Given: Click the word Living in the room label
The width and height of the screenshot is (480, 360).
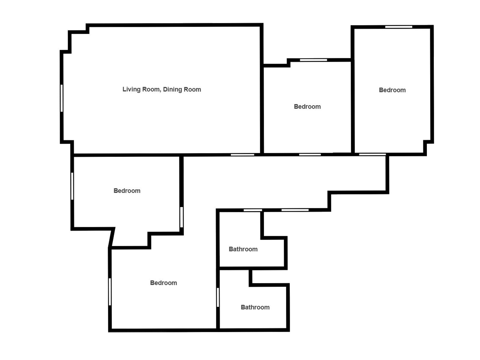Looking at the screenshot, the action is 131,89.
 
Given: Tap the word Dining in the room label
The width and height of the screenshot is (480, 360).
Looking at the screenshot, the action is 172,89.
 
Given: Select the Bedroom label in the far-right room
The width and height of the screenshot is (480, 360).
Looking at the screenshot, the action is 392,90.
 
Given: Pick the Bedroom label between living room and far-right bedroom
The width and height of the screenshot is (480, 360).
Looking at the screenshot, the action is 307,107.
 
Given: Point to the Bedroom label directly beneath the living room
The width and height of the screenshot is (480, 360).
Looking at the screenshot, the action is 127,191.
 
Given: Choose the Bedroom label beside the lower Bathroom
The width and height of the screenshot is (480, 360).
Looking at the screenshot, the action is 163,283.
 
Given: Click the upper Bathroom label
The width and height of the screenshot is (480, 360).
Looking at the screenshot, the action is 243,249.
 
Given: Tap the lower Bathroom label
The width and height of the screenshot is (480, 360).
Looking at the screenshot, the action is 255,307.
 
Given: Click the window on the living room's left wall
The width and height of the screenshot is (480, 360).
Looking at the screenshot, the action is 62,98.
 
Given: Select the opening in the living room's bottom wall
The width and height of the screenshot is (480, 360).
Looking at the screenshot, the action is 242,155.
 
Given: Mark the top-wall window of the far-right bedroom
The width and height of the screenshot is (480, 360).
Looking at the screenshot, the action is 399,27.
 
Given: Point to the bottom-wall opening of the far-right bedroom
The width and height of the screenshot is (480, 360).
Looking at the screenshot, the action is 372,154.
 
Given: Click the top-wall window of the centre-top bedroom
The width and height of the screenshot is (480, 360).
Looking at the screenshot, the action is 313,60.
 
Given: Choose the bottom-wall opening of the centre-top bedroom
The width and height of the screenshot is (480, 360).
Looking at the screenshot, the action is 310,154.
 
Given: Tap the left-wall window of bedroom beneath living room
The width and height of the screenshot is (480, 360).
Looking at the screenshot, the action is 72,186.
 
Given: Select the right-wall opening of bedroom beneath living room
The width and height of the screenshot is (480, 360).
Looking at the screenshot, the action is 181,217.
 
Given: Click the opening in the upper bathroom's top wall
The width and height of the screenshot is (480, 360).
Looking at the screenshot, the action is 253,210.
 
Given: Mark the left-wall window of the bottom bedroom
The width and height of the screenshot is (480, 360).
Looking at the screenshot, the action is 110,292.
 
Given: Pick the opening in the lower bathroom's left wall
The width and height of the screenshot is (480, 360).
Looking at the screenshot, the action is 218,297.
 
